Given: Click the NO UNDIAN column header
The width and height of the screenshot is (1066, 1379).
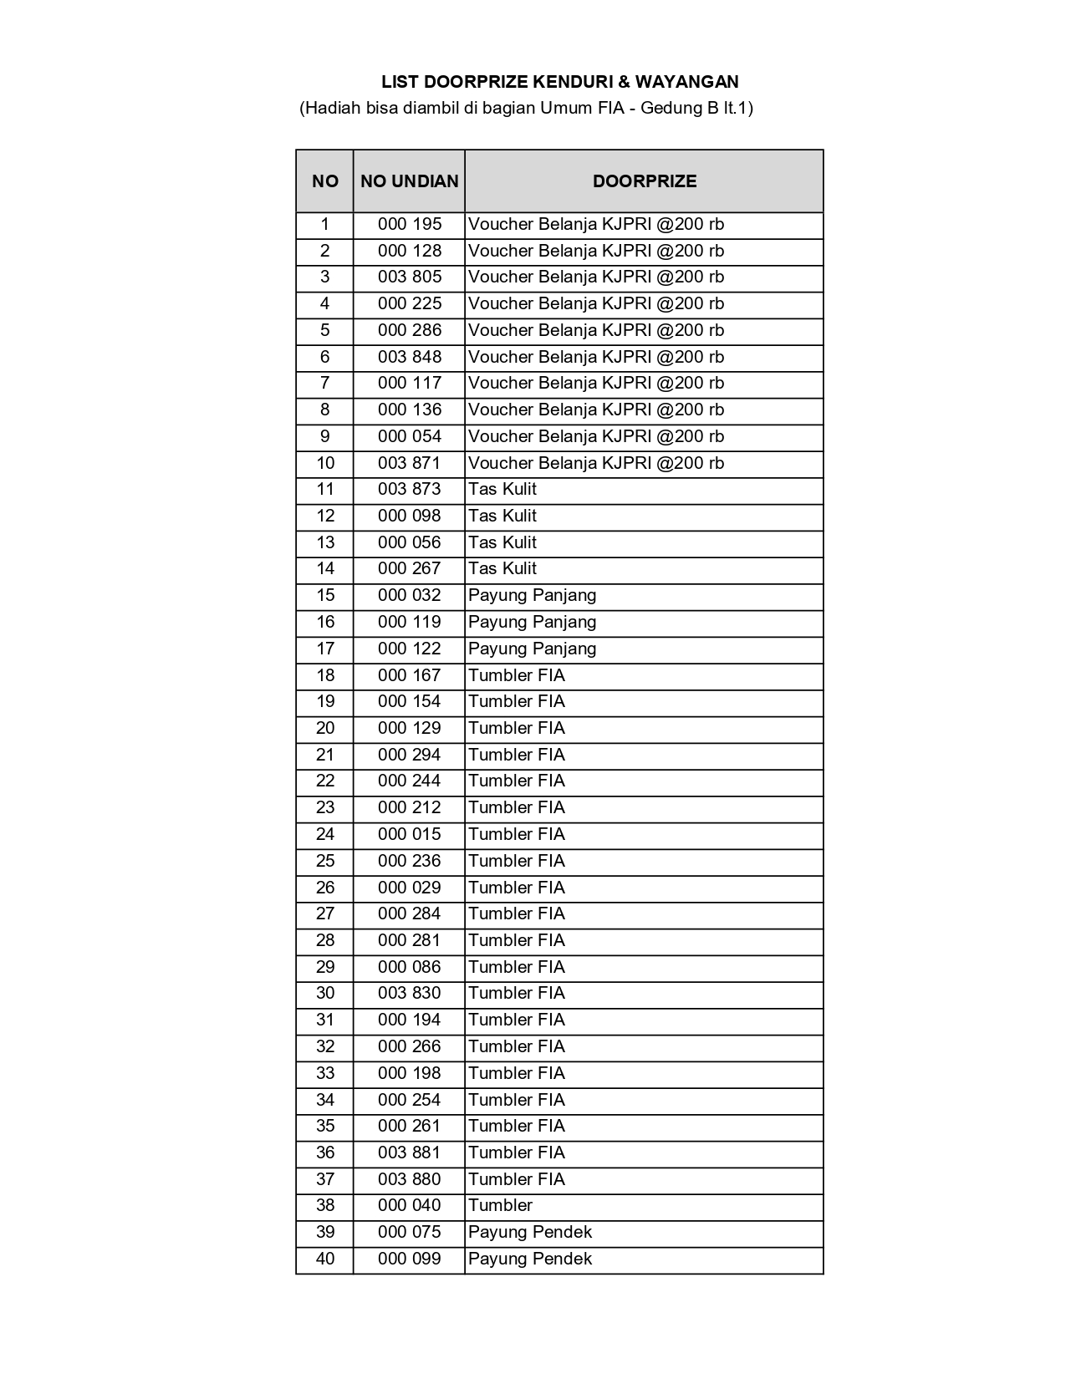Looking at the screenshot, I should tap(409, 181).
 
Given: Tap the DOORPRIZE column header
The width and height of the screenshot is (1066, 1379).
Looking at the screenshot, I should tap(644, 181).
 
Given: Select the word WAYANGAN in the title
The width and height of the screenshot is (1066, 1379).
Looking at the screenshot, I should tap(686, 82).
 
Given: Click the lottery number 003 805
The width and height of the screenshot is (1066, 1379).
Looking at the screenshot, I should tap(409, 277).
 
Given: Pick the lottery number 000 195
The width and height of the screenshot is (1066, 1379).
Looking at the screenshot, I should tap(409, 224).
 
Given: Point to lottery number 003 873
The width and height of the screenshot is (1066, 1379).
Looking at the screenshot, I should tap(409, 489).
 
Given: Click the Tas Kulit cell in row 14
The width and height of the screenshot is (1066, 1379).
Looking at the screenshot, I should tap(502, 568).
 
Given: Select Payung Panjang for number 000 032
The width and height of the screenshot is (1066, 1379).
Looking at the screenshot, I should tap(533, 595).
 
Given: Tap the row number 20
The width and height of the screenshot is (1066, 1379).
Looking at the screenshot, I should tap(325, 728).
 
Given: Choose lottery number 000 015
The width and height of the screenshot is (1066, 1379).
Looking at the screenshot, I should tap(409, 834).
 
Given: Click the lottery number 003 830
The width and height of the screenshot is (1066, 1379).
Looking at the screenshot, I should tap(409, 993).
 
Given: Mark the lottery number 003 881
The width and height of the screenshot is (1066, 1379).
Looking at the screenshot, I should tap(409, 1153).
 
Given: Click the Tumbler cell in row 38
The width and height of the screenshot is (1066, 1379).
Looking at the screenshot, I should tap(500, 1205).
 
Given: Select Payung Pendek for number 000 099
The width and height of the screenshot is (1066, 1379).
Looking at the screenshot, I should tap(530, 1259).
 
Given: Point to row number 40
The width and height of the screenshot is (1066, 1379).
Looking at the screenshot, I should tap(325, 1259).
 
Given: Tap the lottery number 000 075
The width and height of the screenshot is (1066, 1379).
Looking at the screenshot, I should tap(409, 1232).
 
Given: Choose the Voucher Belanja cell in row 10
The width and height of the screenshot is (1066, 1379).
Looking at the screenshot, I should tap(596, 463).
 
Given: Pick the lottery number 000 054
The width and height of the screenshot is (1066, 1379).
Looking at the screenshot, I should tap(409, 436).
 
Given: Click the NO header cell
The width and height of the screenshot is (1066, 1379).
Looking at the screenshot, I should tap(325, 181).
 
